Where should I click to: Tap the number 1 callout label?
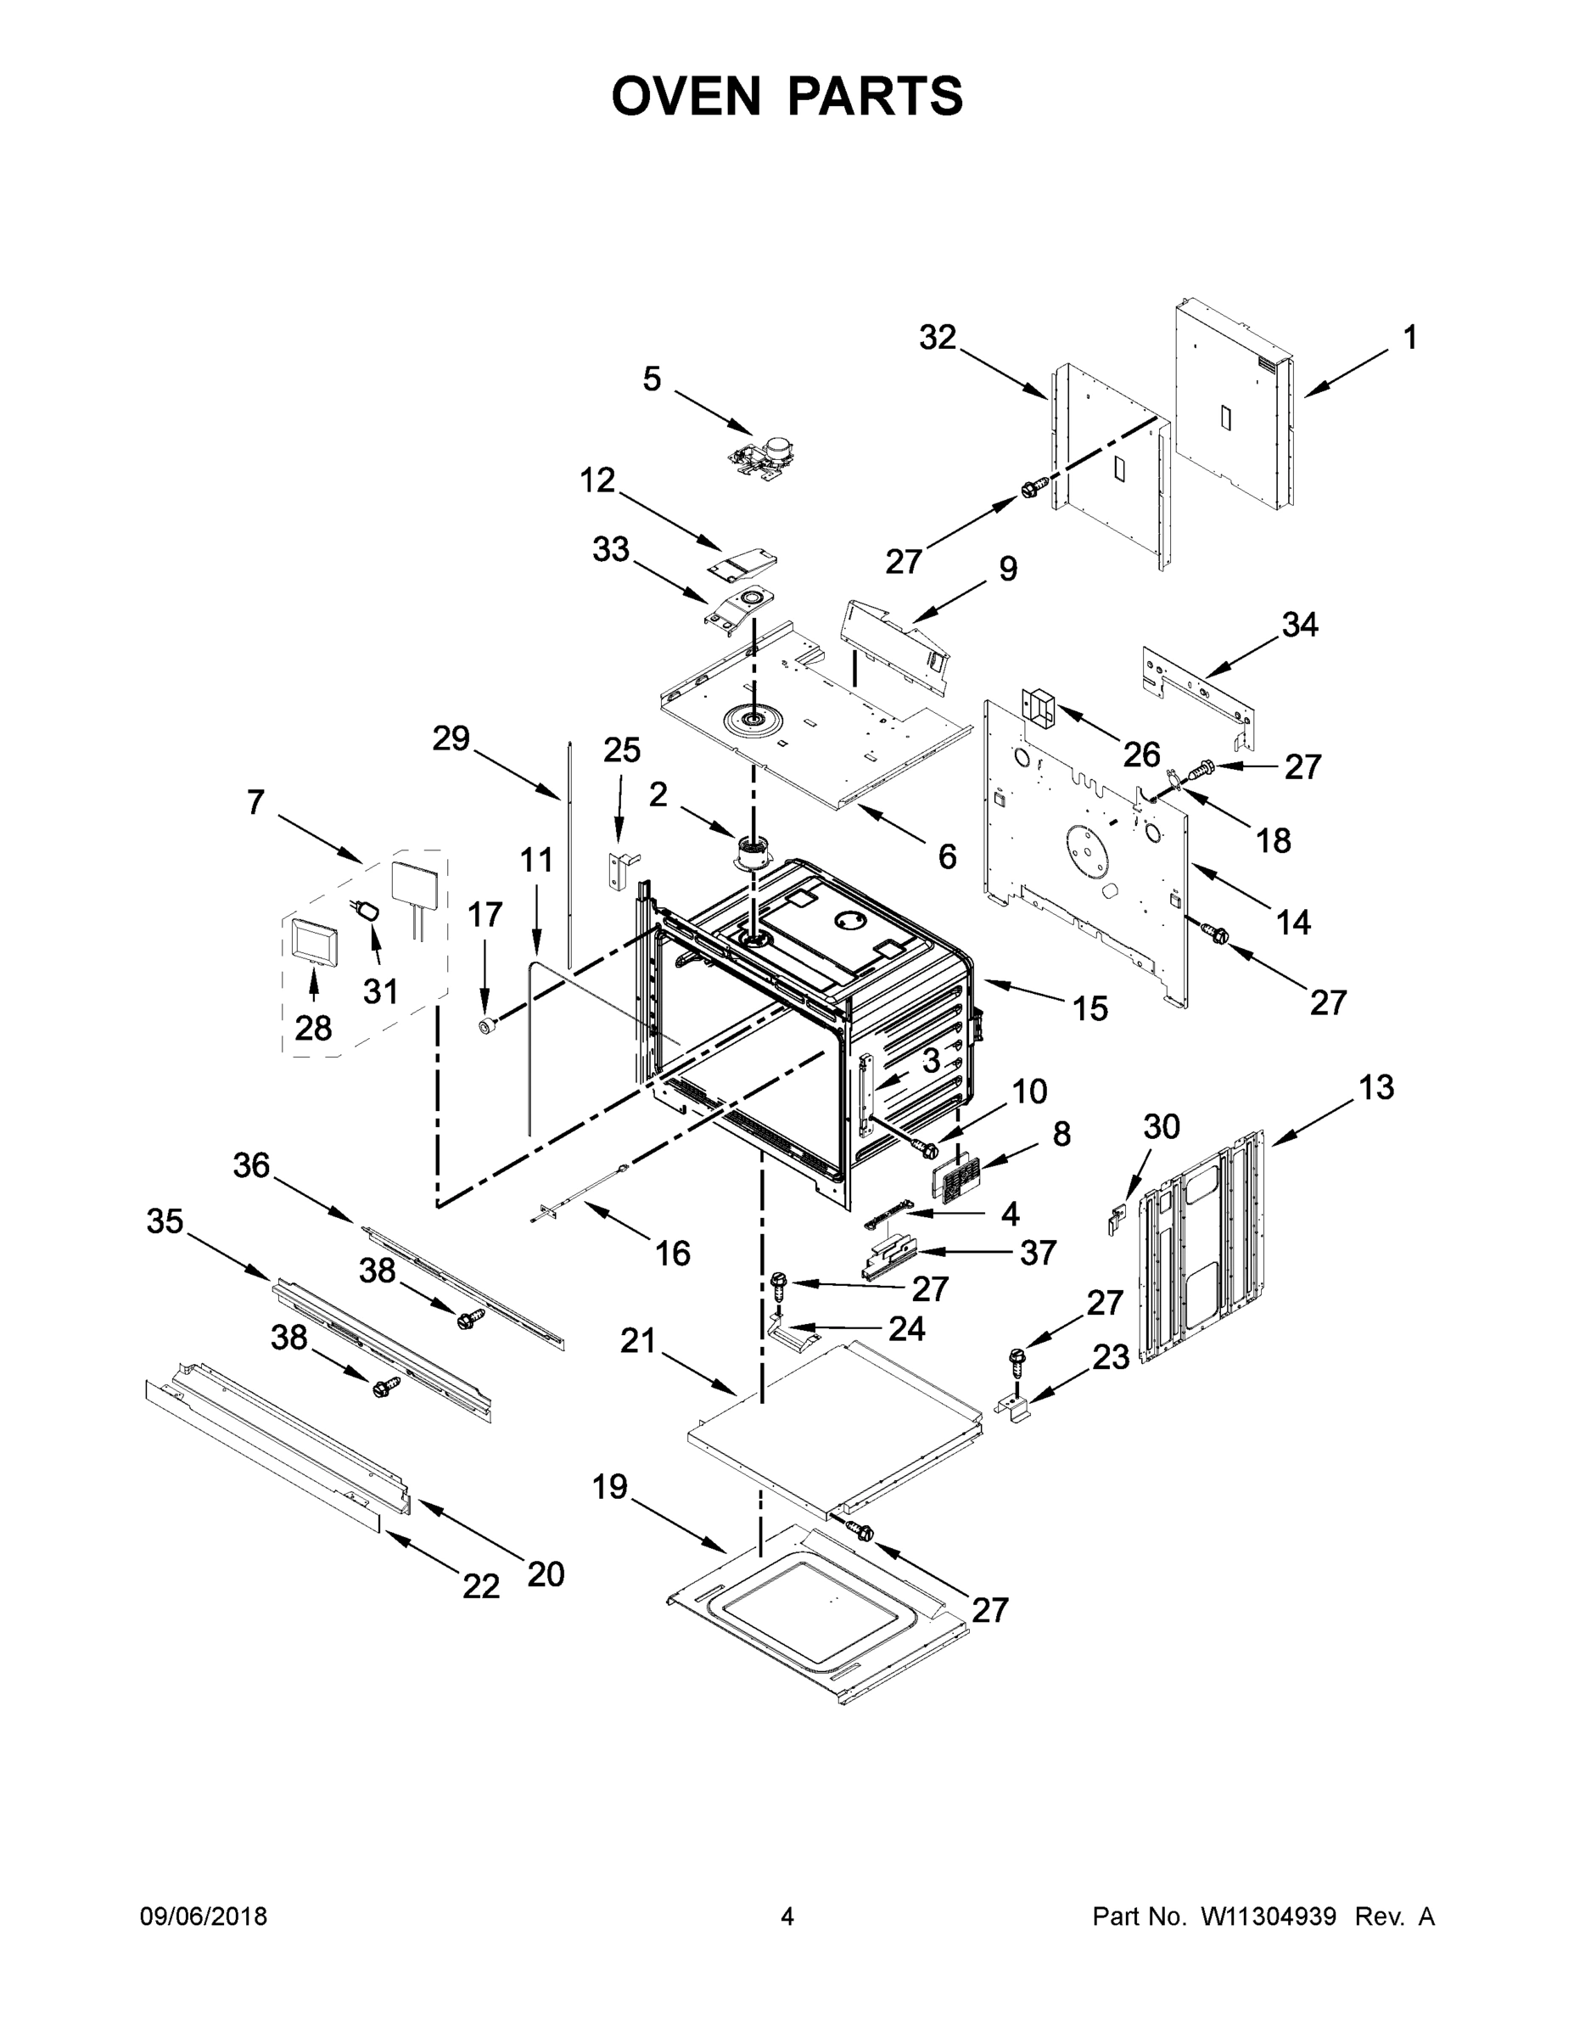pos(1410,338)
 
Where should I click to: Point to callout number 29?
pos(451,738)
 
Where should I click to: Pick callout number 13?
pos(1376,1087)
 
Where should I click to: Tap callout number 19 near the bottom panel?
pos(610,1487)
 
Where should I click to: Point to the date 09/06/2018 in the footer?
pos(204,1916)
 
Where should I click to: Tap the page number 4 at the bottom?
pos(787,1916)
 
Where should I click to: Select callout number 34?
pos(1300,624)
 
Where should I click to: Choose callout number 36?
pos(252,1165)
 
